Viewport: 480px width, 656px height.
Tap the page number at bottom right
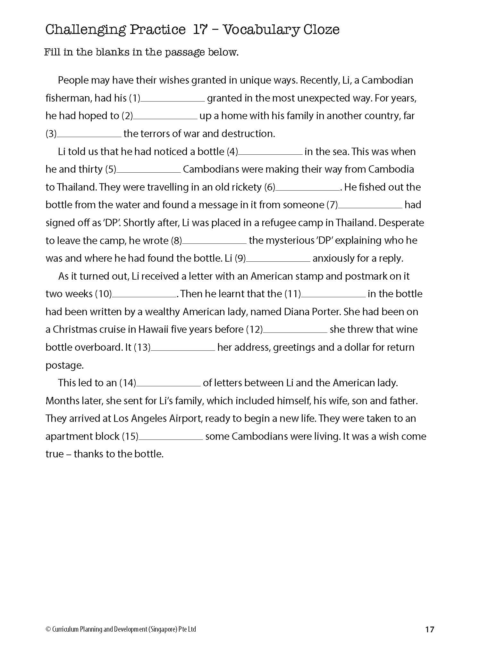[x=429, y=629]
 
